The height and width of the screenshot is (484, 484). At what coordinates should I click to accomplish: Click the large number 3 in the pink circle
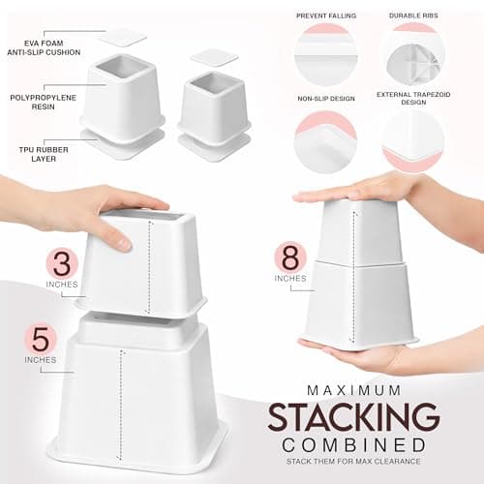tap(62, 263)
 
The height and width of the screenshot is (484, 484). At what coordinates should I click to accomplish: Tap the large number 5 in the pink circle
tap(41, 339)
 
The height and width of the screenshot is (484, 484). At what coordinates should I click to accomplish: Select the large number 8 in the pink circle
tap(290, 257)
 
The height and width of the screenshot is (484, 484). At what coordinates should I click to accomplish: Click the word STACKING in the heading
tap(353, 418)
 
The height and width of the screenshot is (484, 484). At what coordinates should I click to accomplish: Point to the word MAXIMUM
tap(354, 390)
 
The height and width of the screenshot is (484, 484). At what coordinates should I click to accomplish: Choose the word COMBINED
tap(354, 445)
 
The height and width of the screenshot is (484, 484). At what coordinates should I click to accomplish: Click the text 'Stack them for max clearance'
tap(353, 461)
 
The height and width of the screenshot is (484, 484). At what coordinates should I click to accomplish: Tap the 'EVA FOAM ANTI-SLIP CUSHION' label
tap(44, 47)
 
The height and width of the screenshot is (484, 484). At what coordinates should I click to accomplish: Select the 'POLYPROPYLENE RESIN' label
tap(44, 102)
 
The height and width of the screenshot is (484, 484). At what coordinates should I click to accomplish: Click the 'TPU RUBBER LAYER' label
tap(44, 154)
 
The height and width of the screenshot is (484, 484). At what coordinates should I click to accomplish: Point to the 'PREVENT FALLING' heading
tap(326, 15)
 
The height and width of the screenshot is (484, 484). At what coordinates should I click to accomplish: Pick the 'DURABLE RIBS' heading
tap(413, 15)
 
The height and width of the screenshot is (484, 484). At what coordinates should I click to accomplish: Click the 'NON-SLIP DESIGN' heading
tap(326, 99)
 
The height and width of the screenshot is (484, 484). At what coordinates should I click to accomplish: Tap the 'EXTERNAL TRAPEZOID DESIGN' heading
tap(413, 99)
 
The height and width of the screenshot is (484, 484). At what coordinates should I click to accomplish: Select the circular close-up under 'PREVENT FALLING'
tap(326, 55)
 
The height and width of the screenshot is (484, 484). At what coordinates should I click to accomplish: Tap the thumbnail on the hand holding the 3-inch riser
tap(124, 243)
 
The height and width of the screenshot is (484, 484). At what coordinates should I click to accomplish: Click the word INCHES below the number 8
tap(290, 279)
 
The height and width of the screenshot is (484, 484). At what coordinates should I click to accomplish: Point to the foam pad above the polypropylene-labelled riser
tap(122, 38)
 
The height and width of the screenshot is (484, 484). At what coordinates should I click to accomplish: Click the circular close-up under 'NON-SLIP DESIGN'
tap(326, 141)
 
